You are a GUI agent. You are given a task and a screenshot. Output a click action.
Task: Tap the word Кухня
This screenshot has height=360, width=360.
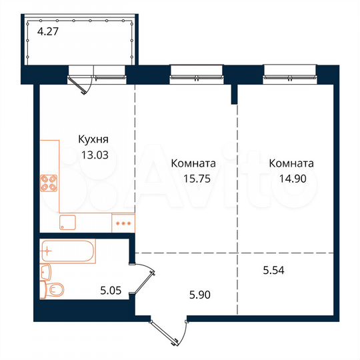click(93, 141)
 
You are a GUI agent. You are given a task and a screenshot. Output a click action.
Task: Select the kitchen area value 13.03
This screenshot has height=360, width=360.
click(93, 154)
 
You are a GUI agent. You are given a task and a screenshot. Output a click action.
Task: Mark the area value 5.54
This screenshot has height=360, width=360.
click(273, 270)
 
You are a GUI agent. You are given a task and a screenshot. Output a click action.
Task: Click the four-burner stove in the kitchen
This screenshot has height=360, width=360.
click(48, 183)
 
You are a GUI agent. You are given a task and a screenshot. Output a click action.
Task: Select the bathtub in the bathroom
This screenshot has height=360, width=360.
click(67, 251)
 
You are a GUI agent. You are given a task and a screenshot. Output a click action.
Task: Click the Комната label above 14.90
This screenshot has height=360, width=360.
click(291, 163)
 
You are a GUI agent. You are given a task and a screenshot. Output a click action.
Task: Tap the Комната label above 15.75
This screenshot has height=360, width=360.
click(193, 163)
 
